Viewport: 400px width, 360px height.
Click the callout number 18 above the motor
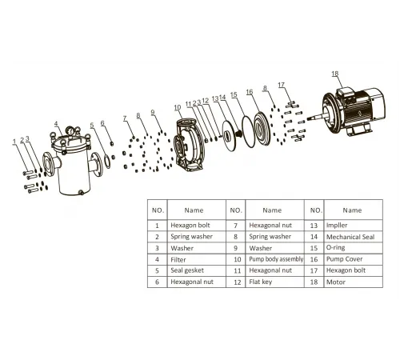pyautogui.click(x=335, y=74)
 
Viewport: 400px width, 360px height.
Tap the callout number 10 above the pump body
pyautogui.click(x=178, y=107)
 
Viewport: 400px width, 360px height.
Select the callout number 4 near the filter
pyautogui.click(x=56, y=124)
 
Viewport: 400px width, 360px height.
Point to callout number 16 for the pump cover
pyautogui.click(x=250, y=92)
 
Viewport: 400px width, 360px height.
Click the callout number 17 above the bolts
pyautogui.click(x=282, y=85)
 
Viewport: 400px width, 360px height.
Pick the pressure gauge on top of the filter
pyautogui.click(x=70, y=131)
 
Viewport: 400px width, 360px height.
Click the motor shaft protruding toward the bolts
pyautogui.click(x=317, y=117)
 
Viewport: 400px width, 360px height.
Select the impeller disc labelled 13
pyautogui.click(x=230, y=136)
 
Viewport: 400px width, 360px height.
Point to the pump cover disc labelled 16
pyautogui.click(x=262, y=129)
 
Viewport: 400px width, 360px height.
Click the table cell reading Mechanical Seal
pyautogui.click(x=350, y=237)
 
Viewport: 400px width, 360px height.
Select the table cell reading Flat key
pyautogui.click(x=260, y=282)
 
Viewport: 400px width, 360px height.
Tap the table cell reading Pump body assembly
pyautogui.click(x=276, y=259)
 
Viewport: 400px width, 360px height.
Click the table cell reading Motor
pyautogui.click(x=336, y=282)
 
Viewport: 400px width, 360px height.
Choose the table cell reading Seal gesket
pyautogui.click(x=187, y=270)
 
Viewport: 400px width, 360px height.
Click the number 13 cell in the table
pyautogui.click(x=314, y=226)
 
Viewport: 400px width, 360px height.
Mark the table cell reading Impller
pyautogui.click(x=337, y=226)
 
